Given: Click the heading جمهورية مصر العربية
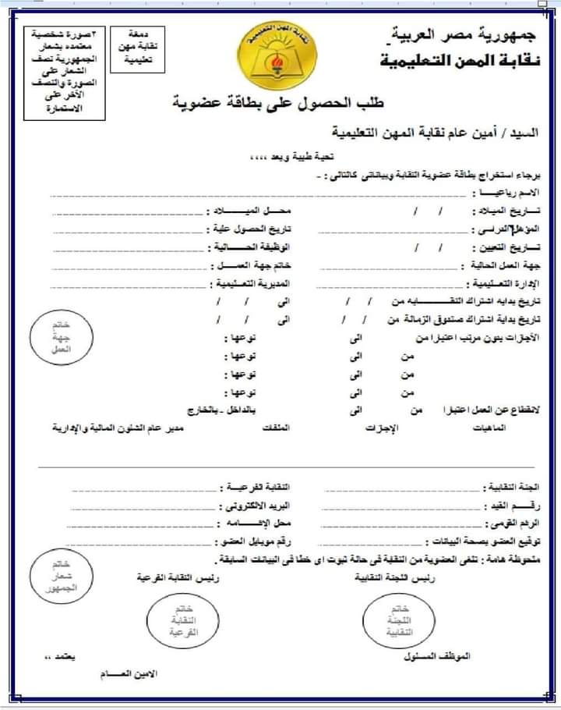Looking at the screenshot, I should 460,35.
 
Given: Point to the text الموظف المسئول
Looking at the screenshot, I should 442,656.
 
